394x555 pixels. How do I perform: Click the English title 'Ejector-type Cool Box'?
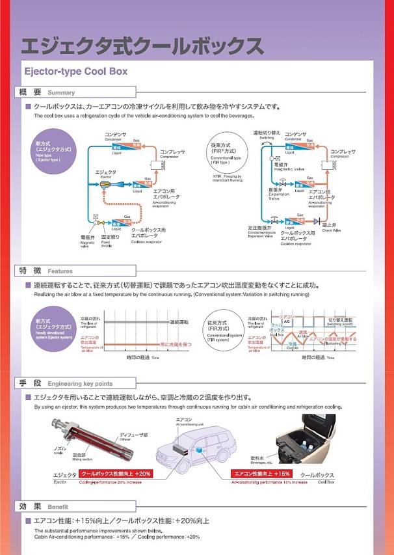click(x=75, y=71)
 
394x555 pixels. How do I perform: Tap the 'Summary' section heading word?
click(x=61, y=93)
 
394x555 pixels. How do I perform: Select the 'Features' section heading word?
click(x=60, y=271)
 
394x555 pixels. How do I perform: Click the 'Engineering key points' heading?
click(x=80, y=384)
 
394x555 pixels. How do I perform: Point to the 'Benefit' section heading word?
click(x=57, y=507)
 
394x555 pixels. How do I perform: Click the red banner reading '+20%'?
click(x=116, y=474)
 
